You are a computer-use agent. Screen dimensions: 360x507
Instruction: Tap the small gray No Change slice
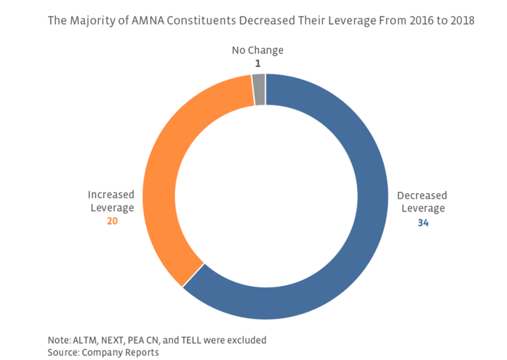coord(259,90)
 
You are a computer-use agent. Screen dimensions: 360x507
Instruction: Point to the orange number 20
coord(114,221)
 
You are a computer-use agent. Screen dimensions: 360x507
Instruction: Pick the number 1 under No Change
coord(258,63)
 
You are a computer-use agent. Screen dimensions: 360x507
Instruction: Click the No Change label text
coord(258,50)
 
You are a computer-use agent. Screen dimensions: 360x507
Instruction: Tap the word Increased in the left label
coord(111,195)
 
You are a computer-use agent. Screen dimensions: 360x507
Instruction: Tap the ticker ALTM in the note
coord(85,340)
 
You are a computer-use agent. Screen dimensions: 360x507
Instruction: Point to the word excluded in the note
coord(245,340)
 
